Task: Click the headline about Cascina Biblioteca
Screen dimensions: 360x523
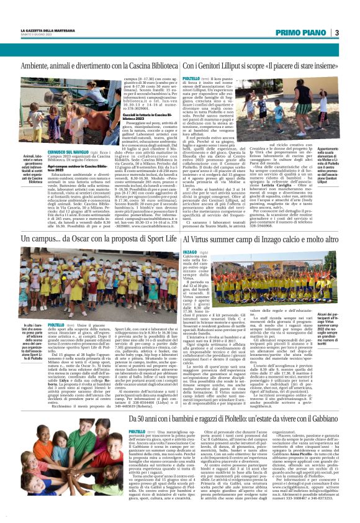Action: [100, 65]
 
